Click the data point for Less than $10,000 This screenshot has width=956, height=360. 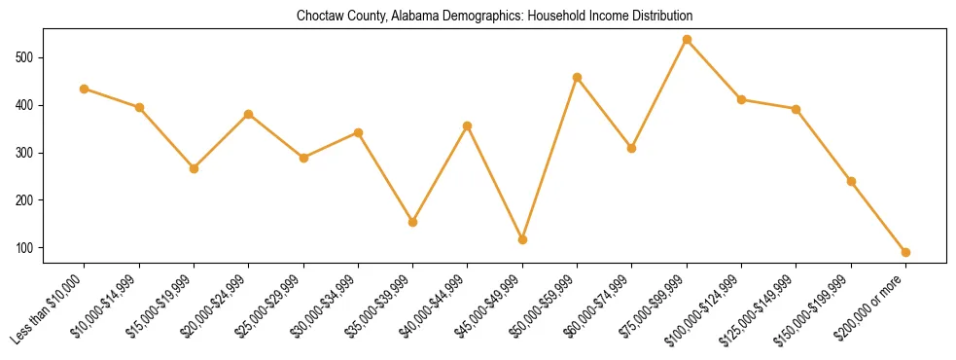coord(85,89)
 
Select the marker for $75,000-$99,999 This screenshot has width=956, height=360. coord(687,39)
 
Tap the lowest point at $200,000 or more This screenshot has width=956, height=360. coord(905,252)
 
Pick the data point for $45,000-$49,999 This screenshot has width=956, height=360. coord(522,239)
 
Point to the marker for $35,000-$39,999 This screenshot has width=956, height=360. coord(413,222)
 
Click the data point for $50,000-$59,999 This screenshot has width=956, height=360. coord(578,77)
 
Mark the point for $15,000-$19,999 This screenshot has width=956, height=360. coord(194,168)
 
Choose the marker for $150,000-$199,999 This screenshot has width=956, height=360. coord(851,181)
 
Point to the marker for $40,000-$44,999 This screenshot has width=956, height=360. coord(468,126)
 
